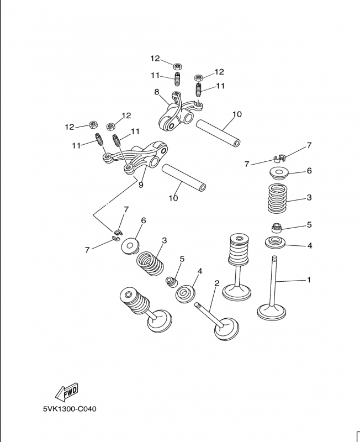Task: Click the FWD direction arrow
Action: [66, 392]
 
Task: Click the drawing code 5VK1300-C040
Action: [70, 409]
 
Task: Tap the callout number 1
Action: [309, 280]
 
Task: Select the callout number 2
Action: [216, 283]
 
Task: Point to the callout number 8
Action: [157, 92]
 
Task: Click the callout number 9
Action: [141, 185]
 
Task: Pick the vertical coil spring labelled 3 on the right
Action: [278, 198]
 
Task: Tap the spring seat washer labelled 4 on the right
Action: [276, 243]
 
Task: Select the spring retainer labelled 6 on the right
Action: [279, 173]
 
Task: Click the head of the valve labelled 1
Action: [272, 312]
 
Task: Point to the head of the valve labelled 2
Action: [226, 329]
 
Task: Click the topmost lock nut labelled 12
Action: [177, 66]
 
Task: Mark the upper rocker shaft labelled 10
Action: [218, 133]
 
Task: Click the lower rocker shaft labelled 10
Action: [184, 178]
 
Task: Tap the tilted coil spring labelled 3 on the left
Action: [150, 264]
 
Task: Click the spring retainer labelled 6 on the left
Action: [130, 246]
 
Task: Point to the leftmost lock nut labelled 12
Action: [93, 124]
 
